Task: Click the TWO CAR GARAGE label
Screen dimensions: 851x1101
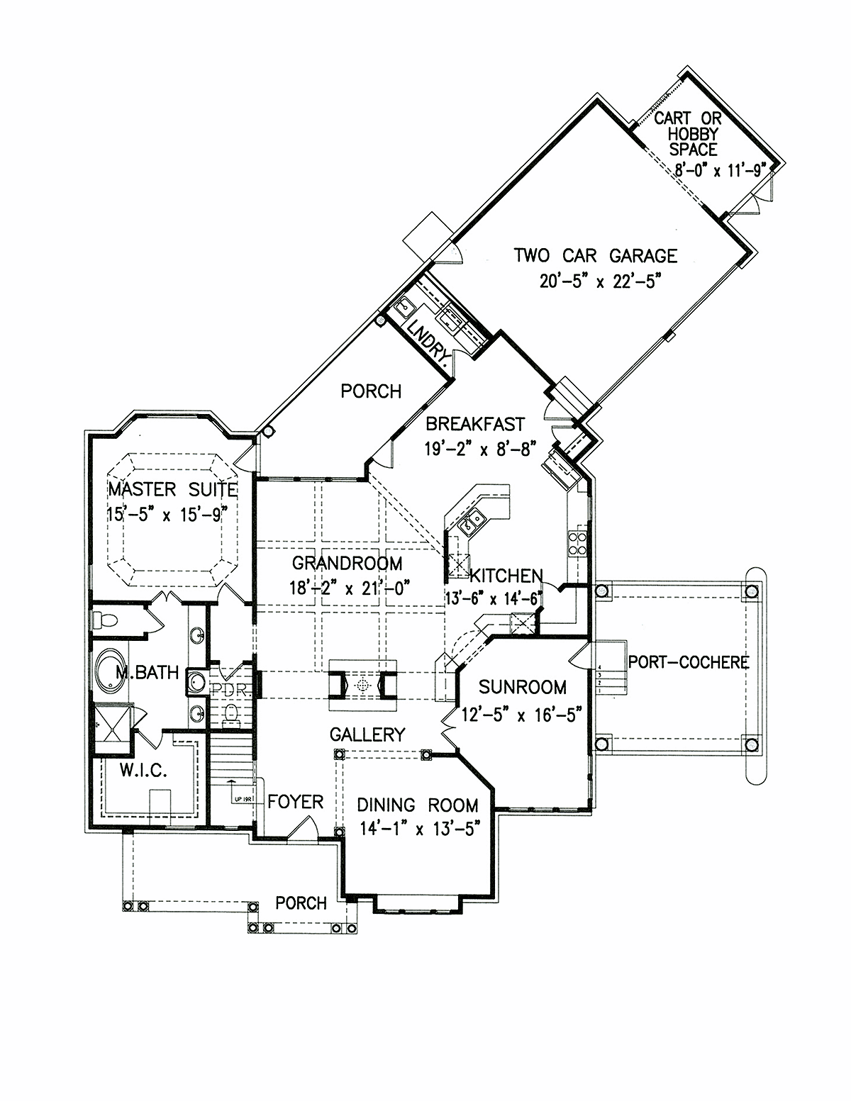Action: (x=596, y=256)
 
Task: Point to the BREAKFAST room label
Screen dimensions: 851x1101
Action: (x=475, y=423)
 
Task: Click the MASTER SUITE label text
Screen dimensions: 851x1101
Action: (x=173, y=489)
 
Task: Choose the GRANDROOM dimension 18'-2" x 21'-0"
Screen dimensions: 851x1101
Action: (x=350, y=588)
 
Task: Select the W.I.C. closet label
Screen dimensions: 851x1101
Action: (x=143, y=771)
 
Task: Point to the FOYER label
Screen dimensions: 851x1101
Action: (x=296, y=802)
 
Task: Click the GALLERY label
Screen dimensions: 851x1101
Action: (x=367, y=734)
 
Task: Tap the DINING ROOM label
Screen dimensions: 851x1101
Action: (x=418, y=805)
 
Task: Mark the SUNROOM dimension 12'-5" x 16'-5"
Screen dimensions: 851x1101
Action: (x=521, y=715)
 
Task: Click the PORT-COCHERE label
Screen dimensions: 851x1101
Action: (x=689, y=662)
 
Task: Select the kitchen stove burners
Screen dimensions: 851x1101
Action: (x=578, y=542)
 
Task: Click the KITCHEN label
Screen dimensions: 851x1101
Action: (x=506, y=576)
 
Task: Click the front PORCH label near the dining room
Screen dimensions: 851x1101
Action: (x=301, y=903)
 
